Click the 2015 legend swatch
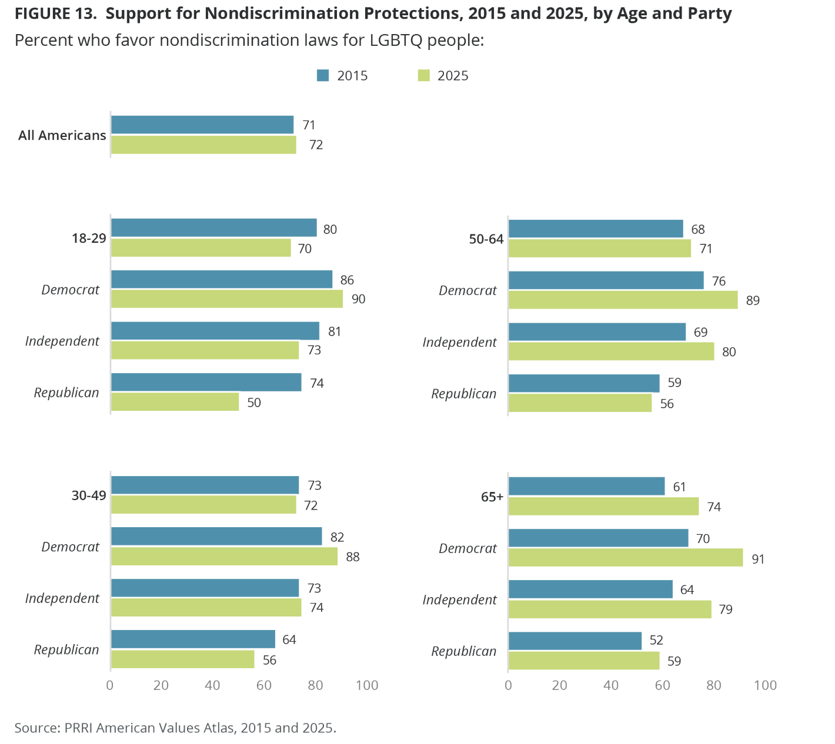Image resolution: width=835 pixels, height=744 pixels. (x=323, y=75)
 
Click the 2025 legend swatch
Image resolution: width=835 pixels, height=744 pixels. (x=423, y=75)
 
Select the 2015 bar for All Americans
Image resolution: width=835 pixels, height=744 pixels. (x=202, y=125)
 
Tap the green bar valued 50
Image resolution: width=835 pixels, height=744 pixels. (x=175, y=402)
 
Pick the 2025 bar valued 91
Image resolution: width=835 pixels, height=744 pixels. (x=625, y=558)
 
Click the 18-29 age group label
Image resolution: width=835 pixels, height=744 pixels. (x=89, y=239)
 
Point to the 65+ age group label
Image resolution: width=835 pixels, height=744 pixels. (x=492, y=497)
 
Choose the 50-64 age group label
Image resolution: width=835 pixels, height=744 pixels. (x=486, y=239)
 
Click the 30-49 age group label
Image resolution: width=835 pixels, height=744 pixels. (x=89, y=495)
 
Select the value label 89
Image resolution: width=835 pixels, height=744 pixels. (x=753, y=301)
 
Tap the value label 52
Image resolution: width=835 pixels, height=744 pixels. (x=656, y=641)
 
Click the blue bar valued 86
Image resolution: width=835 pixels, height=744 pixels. (x=221, y=279)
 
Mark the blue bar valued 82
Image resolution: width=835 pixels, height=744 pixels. (x=216, y=537)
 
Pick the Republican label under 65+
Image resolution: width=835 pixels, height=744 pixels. (x=464, y=651)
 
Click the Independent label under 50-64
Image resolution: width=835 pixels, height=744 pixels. (x=459, y=342)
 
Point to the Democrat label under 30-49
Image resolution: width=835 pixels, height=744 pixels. (x=71, y=547)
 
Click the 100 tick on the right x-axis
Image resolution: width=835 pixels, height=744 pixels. (x=765, y=685)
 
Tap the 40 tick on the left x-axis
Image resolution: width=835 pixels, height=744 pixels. (x=212, y=685)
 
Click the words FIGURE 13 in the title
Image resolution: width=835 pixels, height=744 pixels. (x=55, y=14)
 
